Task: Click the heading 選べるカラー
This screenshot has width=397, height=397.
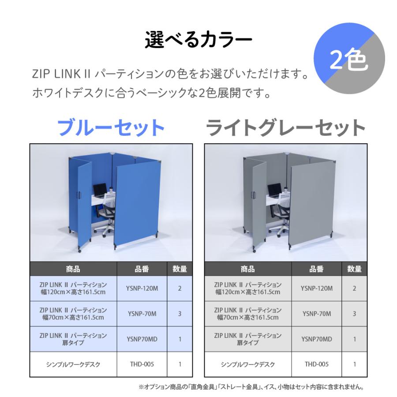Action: coord(198,40)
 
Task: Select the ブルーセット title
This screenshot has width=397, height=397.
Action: coord(111,128)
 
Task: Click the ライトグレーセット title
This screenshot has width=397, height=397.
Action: coord(286,128)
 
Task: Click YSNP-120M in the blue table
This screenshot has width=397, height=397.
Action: coord(142,288)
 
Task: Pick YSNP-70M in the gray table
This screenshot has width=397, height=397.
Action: coord(316,314)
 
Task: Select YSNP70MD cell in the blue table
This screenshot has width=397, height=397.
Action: coord(142,339)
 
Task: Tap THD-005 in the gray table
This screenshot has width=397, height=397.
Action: coord(316,364)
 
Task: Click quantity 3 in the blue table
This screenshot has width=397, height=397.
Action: coord(180,314)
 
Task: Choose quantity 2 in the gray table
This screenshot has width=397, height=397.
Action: coord(354,288)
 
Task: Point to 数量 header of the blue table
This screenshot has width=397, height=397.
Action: coord(180,268)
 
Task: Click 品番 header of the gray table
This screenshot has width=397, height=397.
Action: coord(316,268)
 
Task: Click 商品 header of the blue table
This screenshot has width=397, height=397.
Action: coord(73,268)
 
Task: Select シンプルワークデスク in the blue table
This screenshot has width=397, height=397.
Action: coord(73,364)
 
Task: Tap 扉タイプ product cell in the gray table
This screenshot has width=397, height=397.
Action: coord(247,339)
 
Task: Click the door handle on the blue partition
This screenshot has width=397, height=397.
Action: coord(79,194)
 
